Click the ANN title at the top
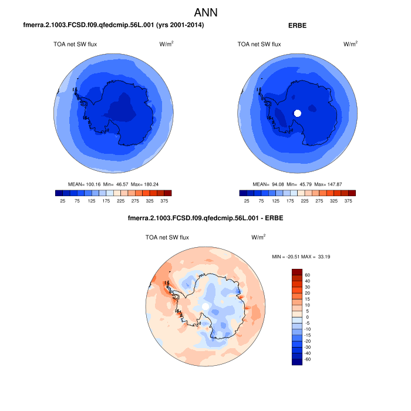[206, 12]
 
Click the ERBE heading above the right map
[298, 26]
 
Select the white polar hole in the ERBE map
[297, 113]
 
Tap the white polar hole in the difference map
[204, 307]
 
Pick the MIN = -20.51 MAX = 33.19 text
[301, 257]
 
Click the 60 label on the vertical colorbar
[307, 275]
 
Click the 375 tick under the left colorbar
[164, 200]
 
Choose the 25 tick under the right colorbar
[247, 200]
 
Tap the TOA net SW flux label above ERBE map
[259, 44]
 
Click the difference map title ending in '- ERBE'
[205, 220]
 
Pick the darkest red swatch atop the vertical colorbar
[297, 272]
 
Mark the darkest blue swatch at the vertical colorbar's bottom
[297, 362]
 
